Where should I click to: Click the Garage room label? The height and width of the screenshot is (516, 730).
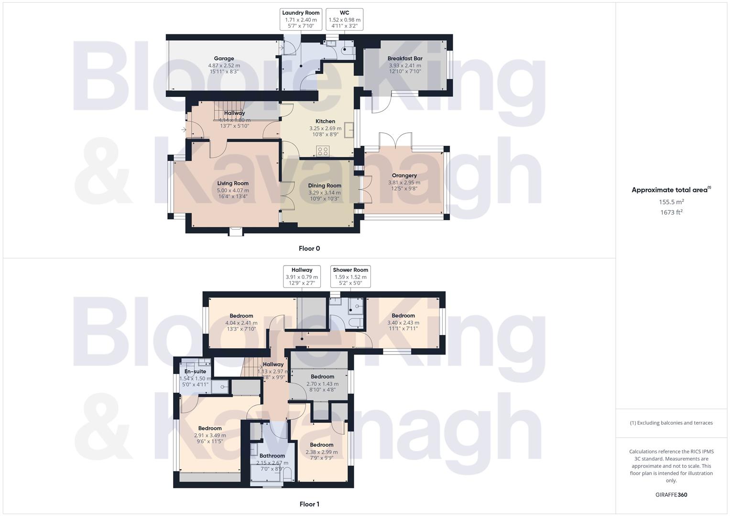pyautogui.click(x=224, y=59)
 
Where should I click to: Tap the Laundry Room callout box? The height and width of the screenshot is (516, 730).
pyautogui.click(x=301, y=20)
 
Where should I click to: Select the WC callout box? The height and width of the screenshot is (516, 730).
pyautogui.click(x=344, y=20)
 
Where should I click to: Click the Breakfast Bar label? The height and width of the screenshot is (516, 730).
pyautogui.click(x=405, y=59)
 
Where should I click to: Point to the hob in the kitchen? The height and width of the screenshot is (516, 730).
pyautogui.click(x=323, y=151)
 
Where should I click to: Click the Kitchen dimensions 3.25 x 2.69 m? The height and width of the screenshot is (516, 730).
pyautogui.click(x=325, y=128)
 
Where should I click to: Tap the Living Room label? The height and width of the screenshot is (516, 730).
pyautogui.click(x=233, y=183)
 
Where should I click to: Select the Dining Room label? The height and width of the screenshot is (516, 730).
pyautogui.click(x=325, y=186)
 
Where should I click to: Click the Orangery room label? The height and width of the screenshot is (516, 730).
pyautogui.click(x=404, y=175)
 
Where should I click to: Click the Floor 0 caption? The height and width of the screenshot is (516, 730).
pyautogui.click(x=309, y=248)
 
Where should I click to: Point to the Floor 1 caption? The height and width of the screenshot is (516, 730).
pyautogui.click(x=309, y=504)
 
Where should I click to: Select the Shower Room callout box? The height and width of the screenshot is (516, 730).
pyautogui.click(x=350, y=276)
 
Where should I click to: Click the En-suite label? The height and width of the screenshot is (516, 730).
pyautogui.click(x=195, y=372)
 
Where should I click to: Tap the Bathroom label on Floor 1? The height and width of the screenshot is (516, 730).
pyautogui.click(x=272, y=456)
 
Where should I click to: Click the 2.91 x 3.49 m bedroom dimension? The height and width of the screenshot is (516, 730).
pyautogui.click(x=210, y=435)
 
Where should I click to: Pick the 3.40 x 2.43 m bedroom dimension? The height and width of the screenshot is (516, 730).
pyautogui.click(x=403, y=322)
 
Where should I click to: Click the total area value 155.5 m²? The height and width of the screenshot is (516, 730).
pyautogui.click(x=671, y=202)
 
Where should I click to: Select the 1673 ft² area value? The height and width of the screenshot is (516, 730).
pyautogui.click(x=671, y=213)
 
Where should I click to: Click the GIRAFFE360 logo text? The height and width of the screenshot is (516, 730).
pyautogui.click(x=671, y=495)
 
